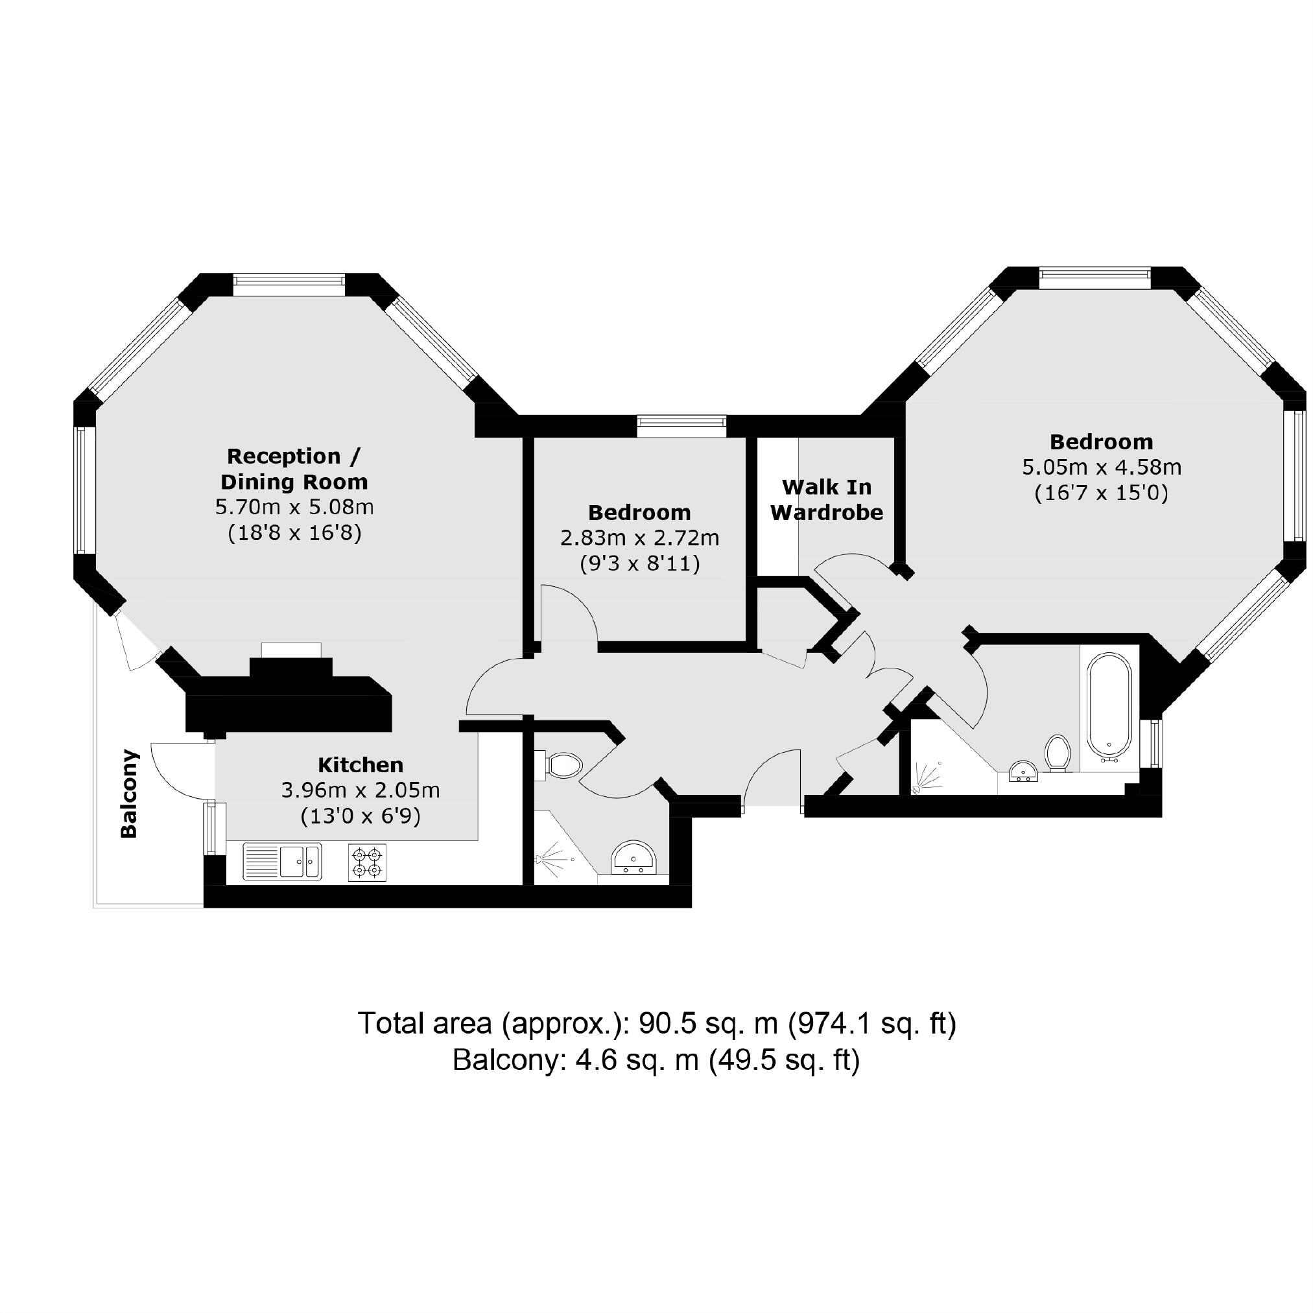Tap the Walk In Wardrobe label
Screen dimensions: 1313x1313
point(827,499)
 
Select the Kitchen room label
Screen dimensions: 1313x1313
point(361,764)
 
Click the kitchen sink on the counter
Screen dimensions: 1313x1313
point(282,861)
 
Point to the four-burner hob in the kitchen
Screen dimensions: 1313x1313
point(367,862)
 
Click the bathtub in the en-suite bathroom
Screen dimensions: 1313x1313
point(1109,705)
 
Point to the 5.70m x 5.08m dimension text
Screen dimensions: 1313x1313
point(294,507)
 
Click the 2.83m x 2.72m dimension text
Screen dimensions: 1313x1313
point(639,538)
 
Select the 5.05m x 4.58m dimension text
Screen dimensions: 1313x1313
point(1101,467)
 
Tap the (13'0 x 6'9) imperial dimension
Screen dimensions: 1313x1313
point(361,816)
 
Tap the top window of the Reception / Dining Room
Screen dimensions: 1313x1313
point(289,283)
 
